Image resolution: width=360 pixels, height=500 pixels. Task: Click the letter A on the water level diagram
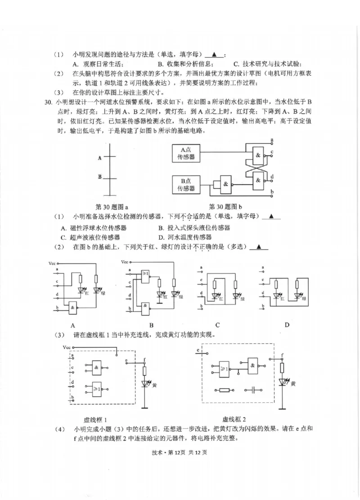point(99,158)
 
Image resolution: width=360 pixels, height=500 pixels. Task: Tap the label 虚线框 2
point(234,419)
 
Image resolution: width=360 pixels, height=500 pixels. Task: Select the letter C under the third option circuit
point(217,325)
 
